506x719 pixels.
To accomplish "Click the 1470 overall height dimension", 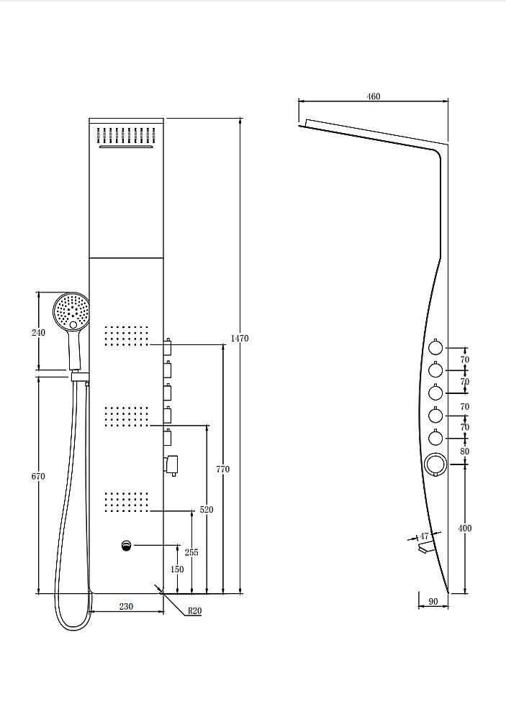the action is [239, 339].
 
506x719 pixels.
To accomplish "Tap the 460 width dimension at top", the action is [374, 96].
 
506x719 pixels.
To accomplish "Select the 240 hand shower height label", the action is [39, 332].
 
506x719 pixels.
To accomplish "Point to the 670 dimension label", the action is [38, 477].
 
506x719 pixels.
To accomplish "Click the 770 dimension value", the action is [222, 469].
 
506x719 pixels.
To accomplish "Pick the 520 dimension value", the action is [207, 510].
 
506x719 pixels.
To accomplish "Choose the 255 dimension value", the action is [191, 552].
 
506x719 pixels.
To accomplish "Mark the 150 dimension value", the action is [177, 569].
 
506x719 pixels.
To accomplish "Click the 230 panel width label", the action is [126, 606].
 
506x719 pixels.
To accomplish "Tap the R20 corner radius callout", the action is [194, 610].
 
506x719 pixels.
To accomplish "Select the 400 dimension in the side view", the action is [465, 528].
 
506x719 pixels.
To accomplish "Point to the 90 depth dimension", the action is [433, 602].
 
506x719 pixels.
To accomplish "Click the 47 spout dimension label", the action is [424, 536].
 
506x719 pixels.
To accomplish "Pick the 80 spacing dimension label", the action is [465, 452].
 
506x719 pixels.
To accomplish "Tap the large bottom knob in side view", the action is [434, 464].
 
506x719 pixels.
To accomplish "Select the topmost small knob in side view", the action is [435, 348].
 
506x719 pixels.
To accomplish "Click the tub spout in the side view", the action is [425, 546].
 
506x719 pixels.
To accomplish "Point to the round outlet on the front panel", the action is [127, 546].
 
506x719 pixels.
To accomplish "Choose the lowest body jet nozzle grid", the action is [127, 502].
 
